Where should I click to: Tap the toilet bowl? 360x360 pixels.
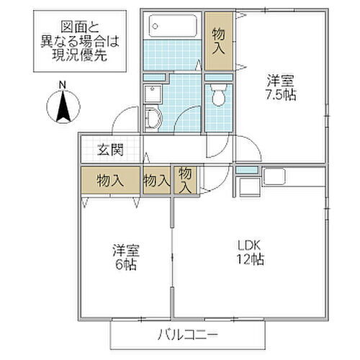coord(218,96)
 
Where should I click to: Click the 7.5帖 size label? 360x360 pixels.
coord(282,95)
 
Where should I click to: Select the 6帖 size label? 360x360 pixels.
coord(125,264)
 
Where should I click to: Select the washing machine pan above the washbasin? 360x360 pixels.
coord(153,92)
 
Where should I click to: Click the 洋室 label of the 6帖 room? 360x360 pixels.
coord(125,251)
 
